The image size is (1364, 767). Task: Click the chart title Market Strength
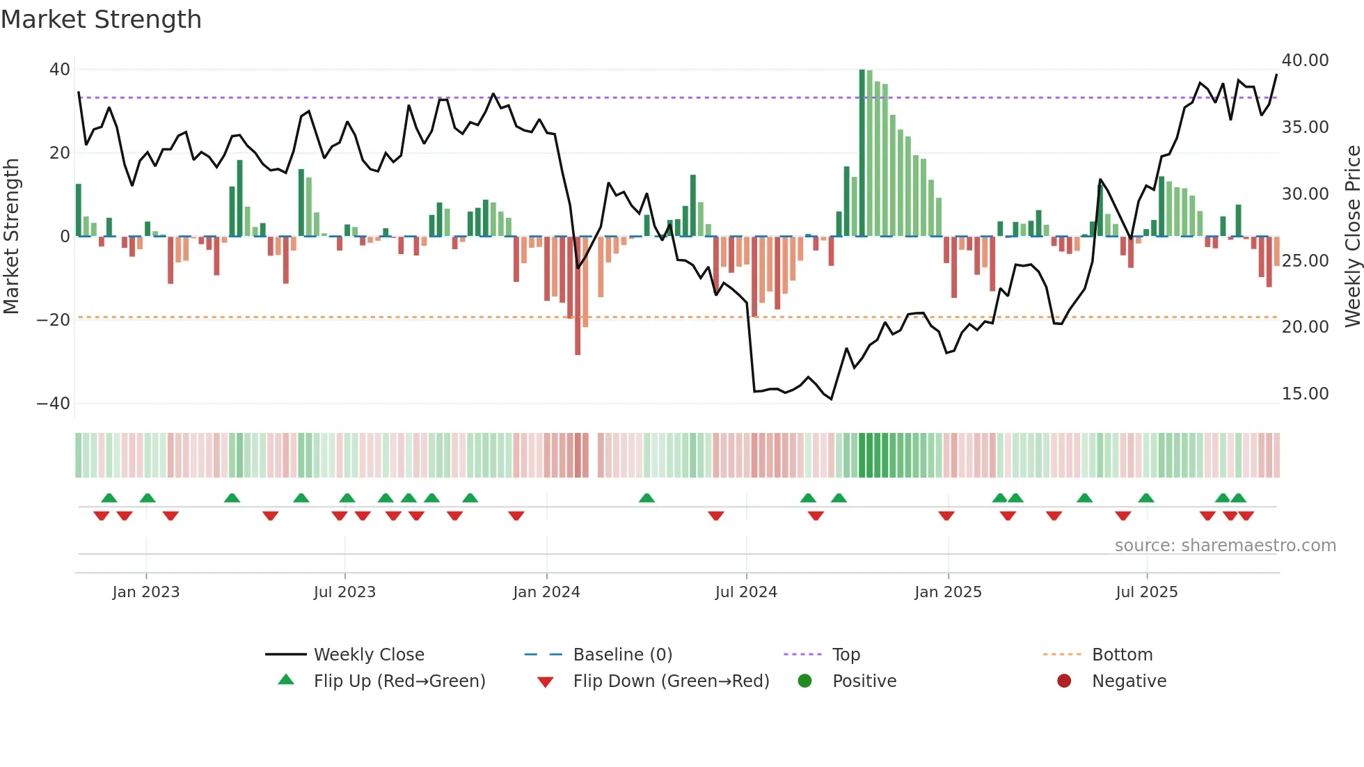101,19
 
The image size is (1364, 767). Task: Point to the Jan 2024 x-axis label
546,592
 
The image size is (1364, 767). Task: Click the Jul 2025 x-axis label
1146,592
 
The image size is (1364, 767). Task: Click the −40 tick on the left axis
53,404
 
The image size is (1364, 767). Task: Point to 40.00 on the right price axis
1305,61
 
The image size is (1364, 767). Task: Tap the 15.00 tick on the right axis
1305,394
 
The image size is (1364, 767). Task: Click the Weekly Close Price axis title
1352,236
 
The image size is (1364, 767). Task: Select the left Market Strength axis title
11,236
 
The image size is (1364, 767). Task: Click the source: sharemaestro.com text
1225,545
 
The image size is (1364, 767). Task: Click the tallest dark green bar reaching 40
862,153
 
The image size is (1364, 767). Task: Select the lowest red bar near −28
578,296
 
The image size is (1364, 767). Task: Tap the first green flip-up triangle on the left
109,498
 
